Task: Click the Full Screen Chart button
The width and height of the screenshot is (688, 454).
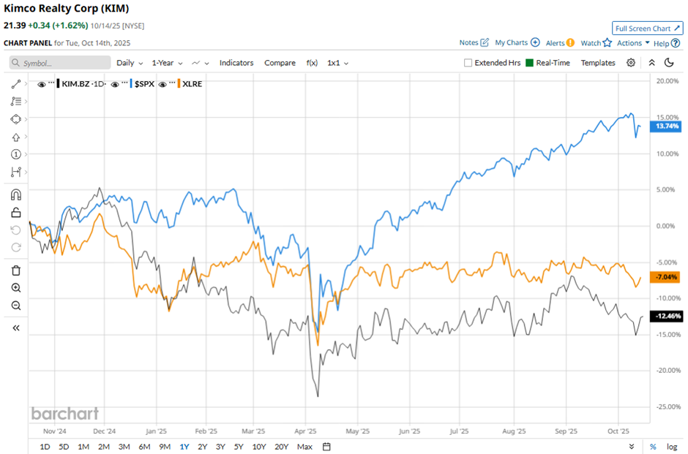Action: (647, 29)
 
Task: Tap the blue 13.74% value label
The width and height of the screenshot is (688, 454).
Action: (666, 126)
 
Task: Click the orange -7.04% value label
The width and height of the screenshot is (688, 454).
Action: (666, 277)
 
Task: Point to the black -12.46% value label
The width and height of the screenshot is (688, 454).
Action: (666, 317)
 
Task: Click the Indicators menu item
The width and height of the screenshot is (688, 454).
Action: (236, 63)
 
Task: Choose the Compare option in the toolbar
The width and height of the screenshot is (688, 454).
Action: (280, 63)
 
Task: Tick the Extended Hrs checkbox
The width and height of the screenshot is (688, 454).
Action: (468, 63)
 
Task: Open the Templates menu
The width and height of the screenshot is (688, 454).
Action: (598, 63)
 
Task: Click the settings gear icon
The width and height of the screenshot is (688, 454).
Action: (631, 63)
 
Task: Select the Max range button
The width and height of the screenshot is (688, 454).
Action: (305, 447)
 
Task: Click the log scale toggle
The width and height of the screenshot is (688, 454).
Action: (672, 447)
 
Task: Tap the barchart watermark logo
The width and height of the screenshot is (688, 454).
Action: (64, 414)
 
